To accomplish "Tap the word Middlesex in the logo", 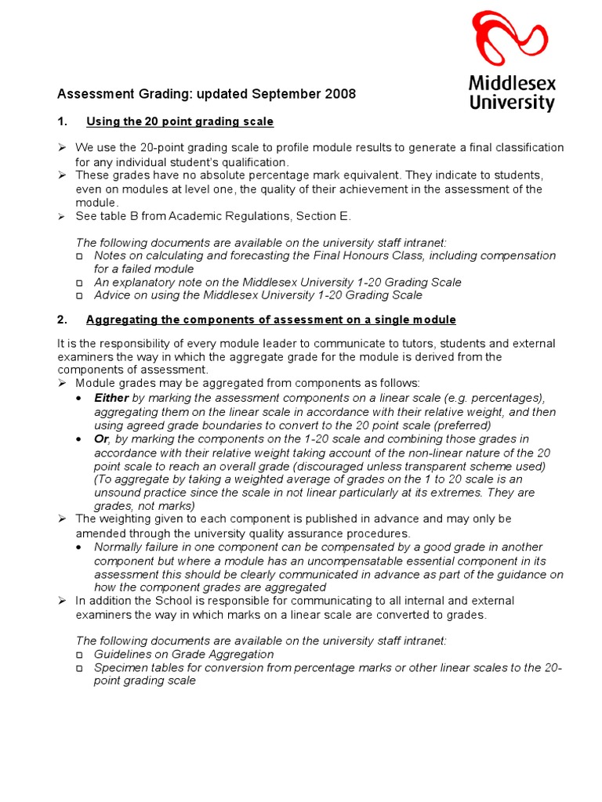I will tap(512, 83).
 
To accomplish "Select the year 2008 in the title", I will tap(339, 94).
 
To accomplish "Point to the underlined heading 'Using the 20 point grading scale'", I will tap(180, 121).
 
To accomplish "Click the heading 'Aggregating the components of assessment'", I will tap(270, 320).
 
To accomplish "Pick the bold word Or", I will tap(101, 439).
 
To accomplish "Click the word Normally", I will tap(121, 547).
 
